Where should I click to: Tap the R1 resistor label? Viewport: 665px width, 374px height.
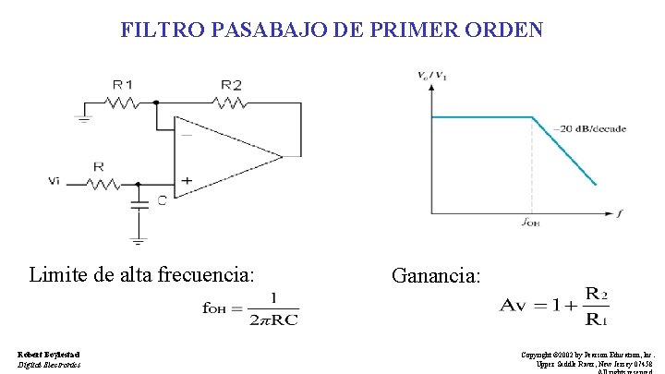tap(123, 85)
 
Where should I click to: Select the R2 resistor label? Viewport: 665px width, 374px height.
tap(231, 85)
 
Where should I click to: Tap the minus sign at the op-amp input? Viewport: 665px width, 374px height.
tap(186, 135)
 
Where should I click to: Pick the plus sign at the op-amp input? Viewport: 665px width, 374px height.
tap(186, 182)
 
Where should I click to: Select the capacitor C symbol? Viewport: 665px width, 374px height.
tap(139, 203)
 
